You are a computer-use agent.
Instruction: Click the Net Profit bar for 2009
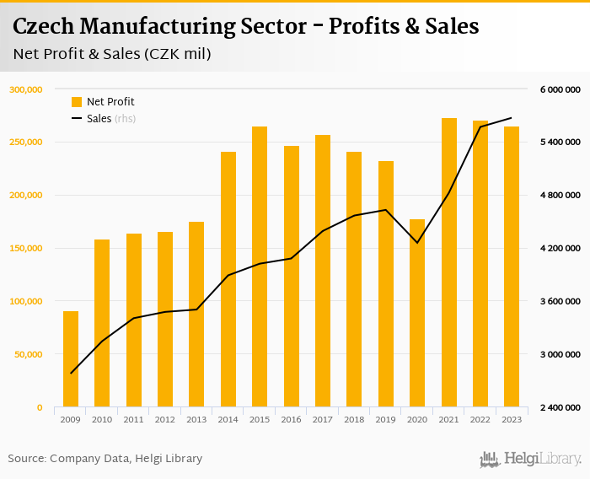point(71,359)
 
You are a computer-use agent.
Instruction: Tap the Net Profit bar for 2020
point(417,313)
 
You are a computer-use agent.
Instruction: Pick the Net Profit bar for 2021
point(449,262)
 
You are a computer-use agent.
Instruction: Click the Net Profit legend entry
point(103,102)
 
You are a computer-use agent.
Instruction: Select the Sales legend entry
point(99,119)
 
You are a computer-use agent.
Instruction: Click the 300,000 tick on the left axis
point(26,89)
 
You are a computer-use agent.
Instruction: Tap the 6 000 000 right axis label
point(560,89)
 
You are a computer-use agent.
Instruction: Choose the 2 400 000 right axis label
point(560,407)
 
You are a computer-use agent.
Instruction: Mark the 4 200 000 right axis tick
point(560,248)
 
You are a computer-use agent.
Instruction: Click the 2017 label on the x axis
point(323,419)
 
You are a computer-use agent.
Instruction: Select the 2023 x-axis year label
point(512,419)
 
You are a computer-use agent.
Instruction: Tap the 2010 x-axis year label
point(102,419)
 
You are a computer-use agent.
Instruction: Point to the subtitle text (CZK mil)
point(178,54)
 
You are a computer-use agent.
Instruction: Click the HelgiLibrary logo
point(531,459)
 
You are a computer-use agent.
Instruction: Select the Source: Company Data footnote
point(105,459)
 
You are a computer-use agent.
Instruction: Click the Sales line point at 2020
point(417,243)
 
